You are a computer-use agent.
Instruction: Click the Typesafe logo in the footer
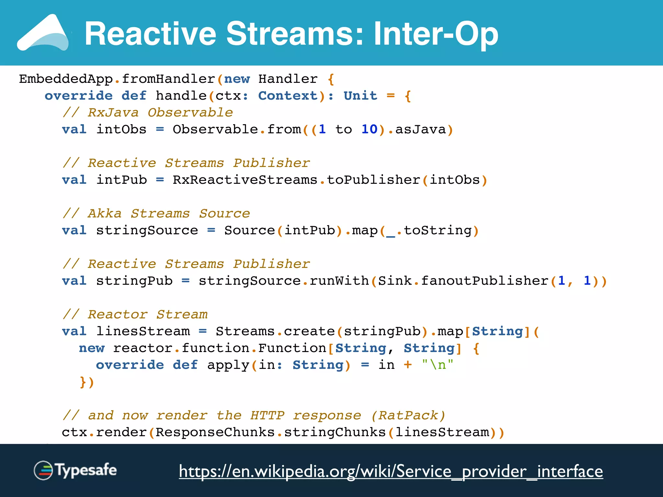75,470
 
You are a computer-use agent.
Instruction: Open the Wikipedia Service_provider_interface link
391,471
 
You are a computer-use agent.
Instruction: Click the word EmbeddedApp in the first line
66,79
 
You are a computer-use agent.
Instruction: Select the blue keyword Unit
360,96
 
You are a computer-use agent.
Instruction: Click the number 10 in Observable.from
369,129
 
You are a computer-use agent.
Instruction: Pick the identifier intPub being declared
121,180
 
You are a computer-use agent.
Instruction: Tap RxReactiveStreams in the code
245,180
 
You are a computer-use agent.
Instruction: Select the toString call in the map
438,230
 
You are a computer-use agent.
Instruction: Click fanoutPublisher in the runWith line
485,281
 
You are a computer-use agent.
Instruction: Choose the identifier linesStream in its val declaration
143,331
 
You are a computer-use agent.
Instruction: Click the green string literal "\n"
437,365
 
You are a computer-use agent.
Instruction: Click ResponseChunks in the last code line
215,432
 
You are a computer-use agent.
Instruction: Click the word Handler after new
288,79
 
